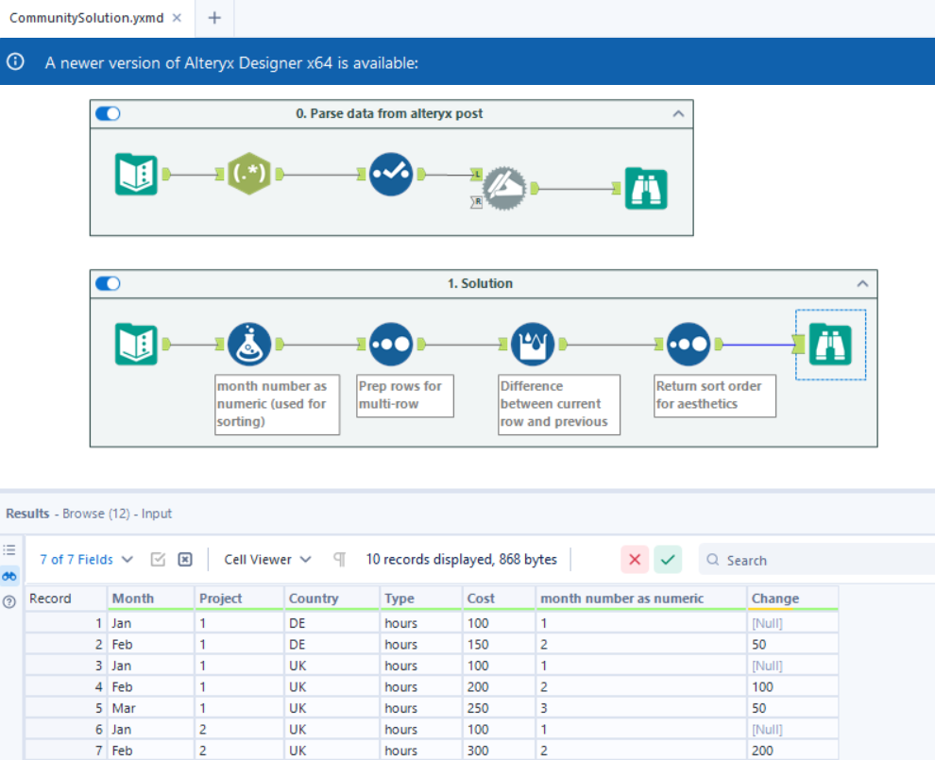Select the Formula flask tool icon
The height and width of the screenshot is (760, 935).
click(249, 346)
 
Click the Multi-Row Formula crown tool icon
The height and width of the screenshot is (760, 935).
click(533, 346)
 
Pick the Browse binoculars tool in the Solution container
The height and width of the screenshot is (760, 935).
click(830, 346)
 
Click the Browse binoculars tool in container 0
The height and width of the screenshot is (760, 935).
click(646, 188)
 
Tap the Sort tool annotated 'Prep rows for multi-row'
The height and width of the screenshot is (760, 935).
click(390, 346)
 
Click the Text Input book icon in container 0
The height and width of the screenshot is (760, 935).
click(136, 174)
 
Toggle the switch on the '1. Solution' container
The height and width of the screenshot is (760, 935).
click(109, 284)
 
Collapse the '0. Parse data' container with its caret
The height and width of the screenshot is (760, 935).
click(678, 113)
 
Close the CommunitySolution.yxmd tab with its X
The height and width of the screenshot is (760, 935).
click(177, 18)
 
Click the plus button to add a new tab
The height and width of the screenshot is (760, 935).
click(214, 18)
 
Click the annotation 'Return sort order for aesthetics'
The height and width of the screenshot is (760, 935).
click(715, 395)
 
